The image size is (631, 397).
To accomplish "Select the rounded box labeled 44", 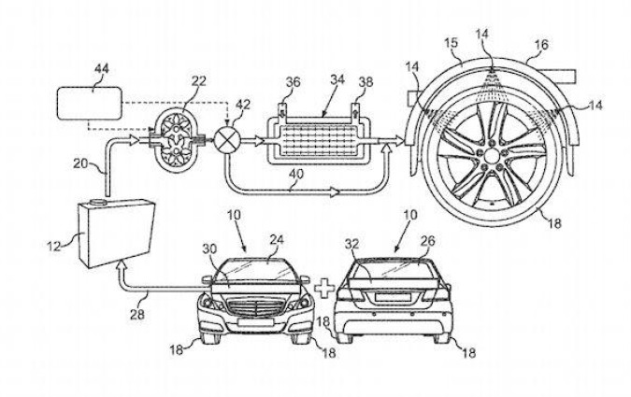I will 89,100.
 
